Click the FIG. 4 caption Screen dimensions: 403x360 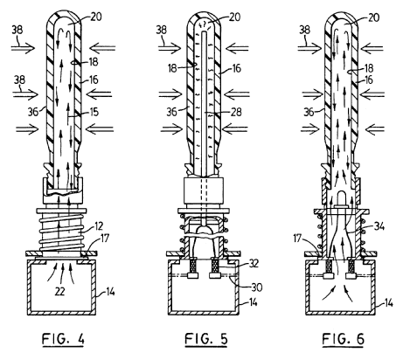(63, 339)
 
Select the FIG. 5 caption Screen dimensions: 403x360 (206, 339)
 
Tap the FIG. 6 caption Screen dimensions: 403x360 (344, 339)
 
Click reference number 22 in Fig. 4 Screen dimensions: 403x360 (59, 291)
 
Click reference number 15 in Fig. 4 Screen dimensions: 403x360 (94, 112)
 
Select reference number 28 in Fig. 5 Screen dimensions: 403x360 (236, 112)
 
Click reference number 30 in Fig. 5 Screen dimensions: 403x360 (257, 287)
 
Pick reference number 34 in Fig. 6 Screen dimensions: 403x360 (379, 226)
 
